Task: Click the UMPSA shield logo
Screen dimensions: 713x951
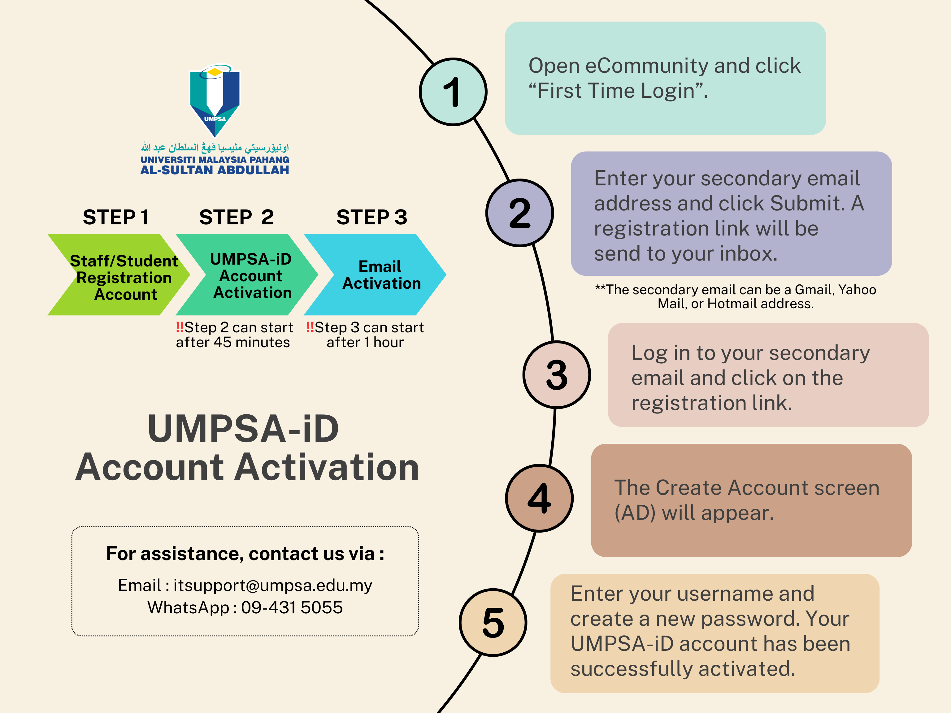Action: pyautogui.click(x=215, y=101)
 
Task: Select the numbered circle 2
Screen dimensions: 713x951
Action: pyautogui.click(x=519, y=213)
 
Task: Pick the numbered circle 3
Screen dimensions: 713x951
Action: pyautogui.click(x=556, y=374)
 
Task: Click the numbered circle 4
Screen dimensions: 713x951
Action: pyautogui.click(x=539, y=498)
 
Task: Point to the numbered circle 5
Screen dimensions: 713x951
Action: pyautogui.click(x=493, y=622)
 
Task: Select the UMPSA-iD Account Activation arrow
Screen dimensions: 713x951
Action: pyautogui.click(x=249, y=275)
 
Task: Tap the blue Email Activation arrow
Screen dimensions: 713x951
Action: pyautogui.click(x=378, y=275)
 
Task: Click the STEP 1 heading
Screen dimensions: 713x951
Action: pyautogui.click(x=116, y=217)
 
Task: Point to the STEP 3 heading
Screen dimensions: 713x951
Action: pyautogui.click(x=371, y=217)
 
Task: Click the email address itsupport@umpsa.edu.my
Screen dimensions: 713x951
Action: pyautogui.click(x=272, y=586)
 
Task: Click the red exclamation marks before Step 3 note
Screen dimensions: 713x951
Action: pyautogui.click(x=310, y=327)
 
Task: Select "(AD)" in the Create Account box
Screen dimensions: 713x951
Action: pyautogui.click(x=635, y=513)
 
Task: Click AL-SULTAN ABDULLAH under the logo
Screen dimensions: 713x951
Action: pyautogui.click(x=215, y=170)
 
